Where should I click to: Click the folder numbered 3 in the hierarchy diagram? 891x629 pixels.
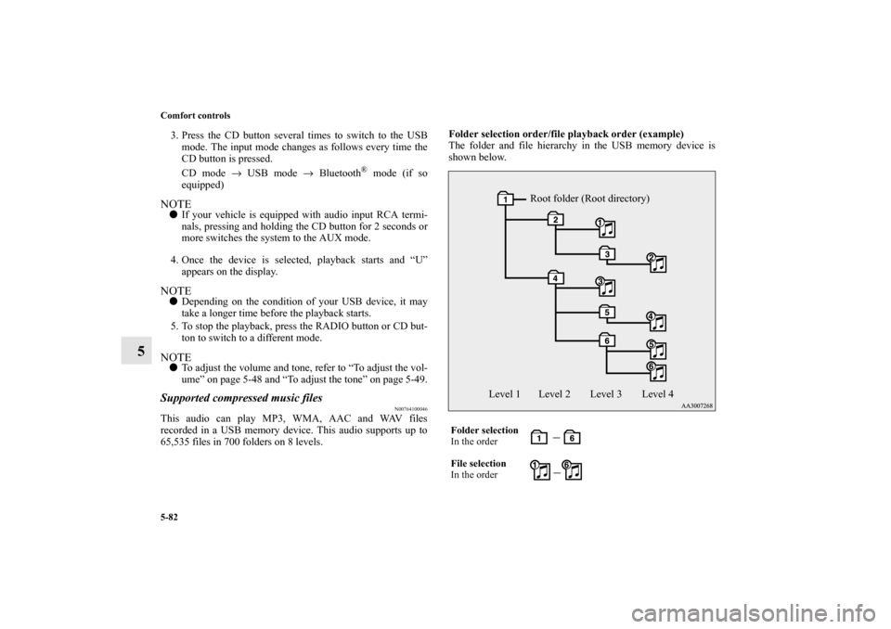point(606,253)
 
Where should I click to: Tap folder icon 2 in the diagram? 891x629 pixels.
point(554,219)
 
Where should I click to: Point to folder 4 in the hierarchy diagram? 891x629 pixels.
point(554,277)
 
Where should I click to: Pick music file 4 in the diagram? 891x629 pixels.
point(657,321)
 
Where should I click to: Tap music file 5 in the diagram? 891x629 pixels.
point(657,350)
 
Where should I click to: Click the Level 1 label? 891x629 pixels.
point(505,394)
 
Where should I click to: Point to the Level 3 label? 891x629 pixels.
point(606,394)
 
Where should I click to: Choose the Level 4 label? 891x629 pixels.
point(657,394)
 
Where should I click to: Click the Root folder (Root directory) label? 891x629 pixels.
point(589,199)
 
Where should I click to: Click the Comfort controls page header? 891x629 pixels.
point(195,116)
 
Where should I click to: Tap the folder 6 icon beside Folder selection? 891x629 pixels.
point(573,437)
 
